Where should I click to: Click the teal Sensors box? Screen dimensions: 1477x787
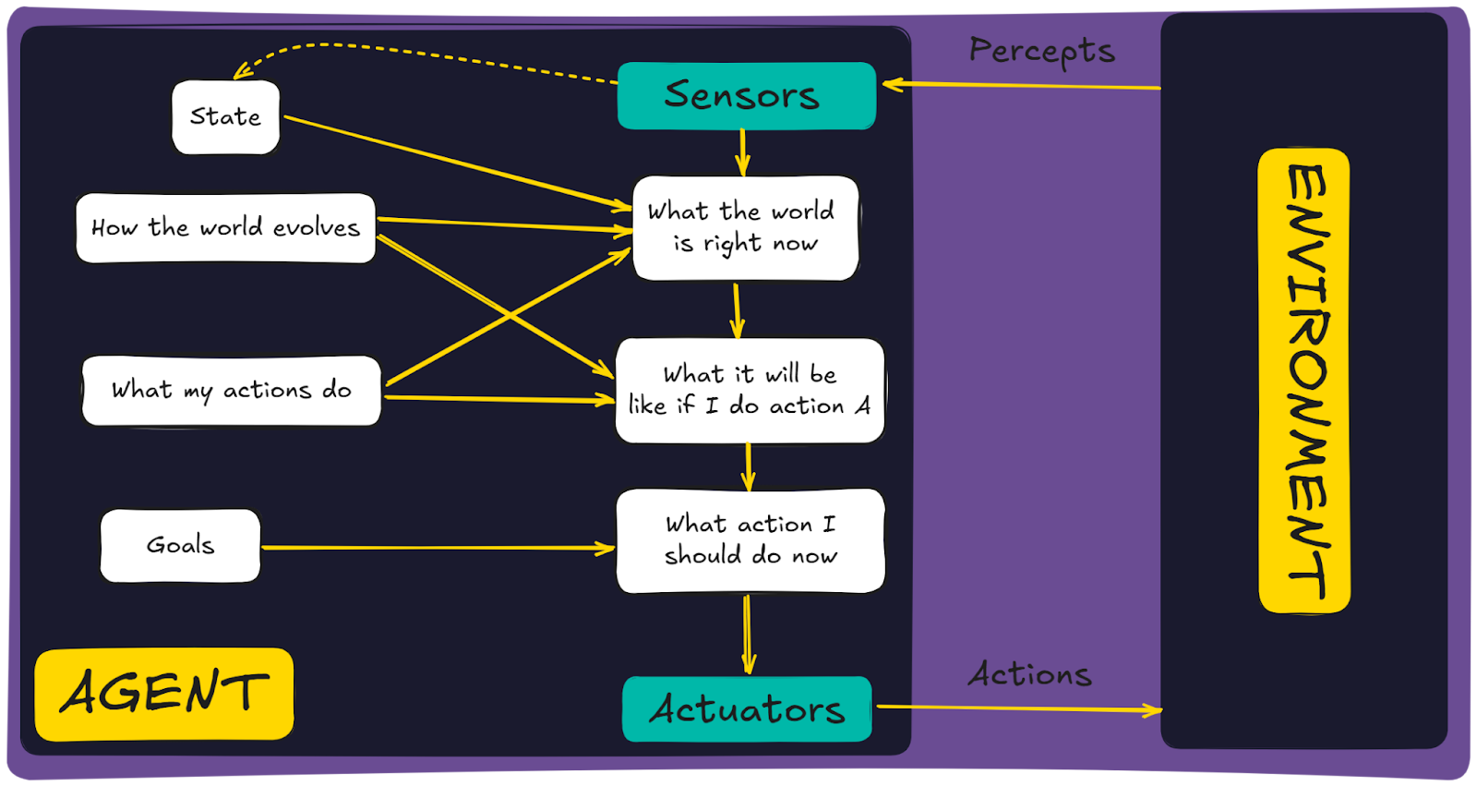(747, 96)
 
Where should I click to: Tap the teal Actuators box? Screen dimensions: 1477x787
(747, 709)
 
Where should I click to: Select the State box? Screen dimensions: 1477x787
(225, 117)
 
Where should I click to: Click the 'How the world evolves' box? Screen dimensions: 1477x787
(225, 227)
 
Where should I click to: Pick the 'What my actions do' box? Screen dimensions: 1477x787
(232, 391)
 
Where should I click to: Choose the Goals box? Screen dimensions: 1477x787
(180, 546)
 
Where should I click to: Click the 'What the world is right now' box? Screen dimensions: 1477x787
(745, 228)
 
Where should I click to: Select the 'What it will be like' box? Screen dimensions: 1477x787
(750, 391)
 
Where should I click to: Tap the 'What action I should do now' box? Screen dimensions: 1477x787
(751, 541)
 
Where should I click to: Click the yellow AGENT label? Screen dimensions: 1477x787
(164, 694)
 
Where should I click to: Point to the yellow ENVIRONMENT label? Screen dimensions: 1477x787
(1304, 381)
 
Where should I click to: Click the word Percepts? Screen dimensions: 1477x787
(1042, 51)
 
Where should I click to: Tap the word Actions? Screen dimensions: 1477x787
(1030, 674)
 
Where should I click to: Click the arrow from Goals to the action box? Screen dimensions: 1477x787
(438, 548)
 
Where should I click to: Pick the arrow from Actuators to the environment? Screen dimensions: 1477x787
(1019, 708)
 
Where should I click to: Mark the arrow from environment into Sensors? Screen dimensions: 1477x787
(1021, 85)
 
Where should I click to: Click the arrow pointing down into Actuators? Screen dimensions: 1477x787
(748, 635)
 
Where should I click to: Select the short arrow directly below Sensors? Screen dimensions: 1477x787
(743, 152)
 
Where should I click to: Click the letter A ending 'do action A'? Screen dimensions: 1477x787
(862, 405)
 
